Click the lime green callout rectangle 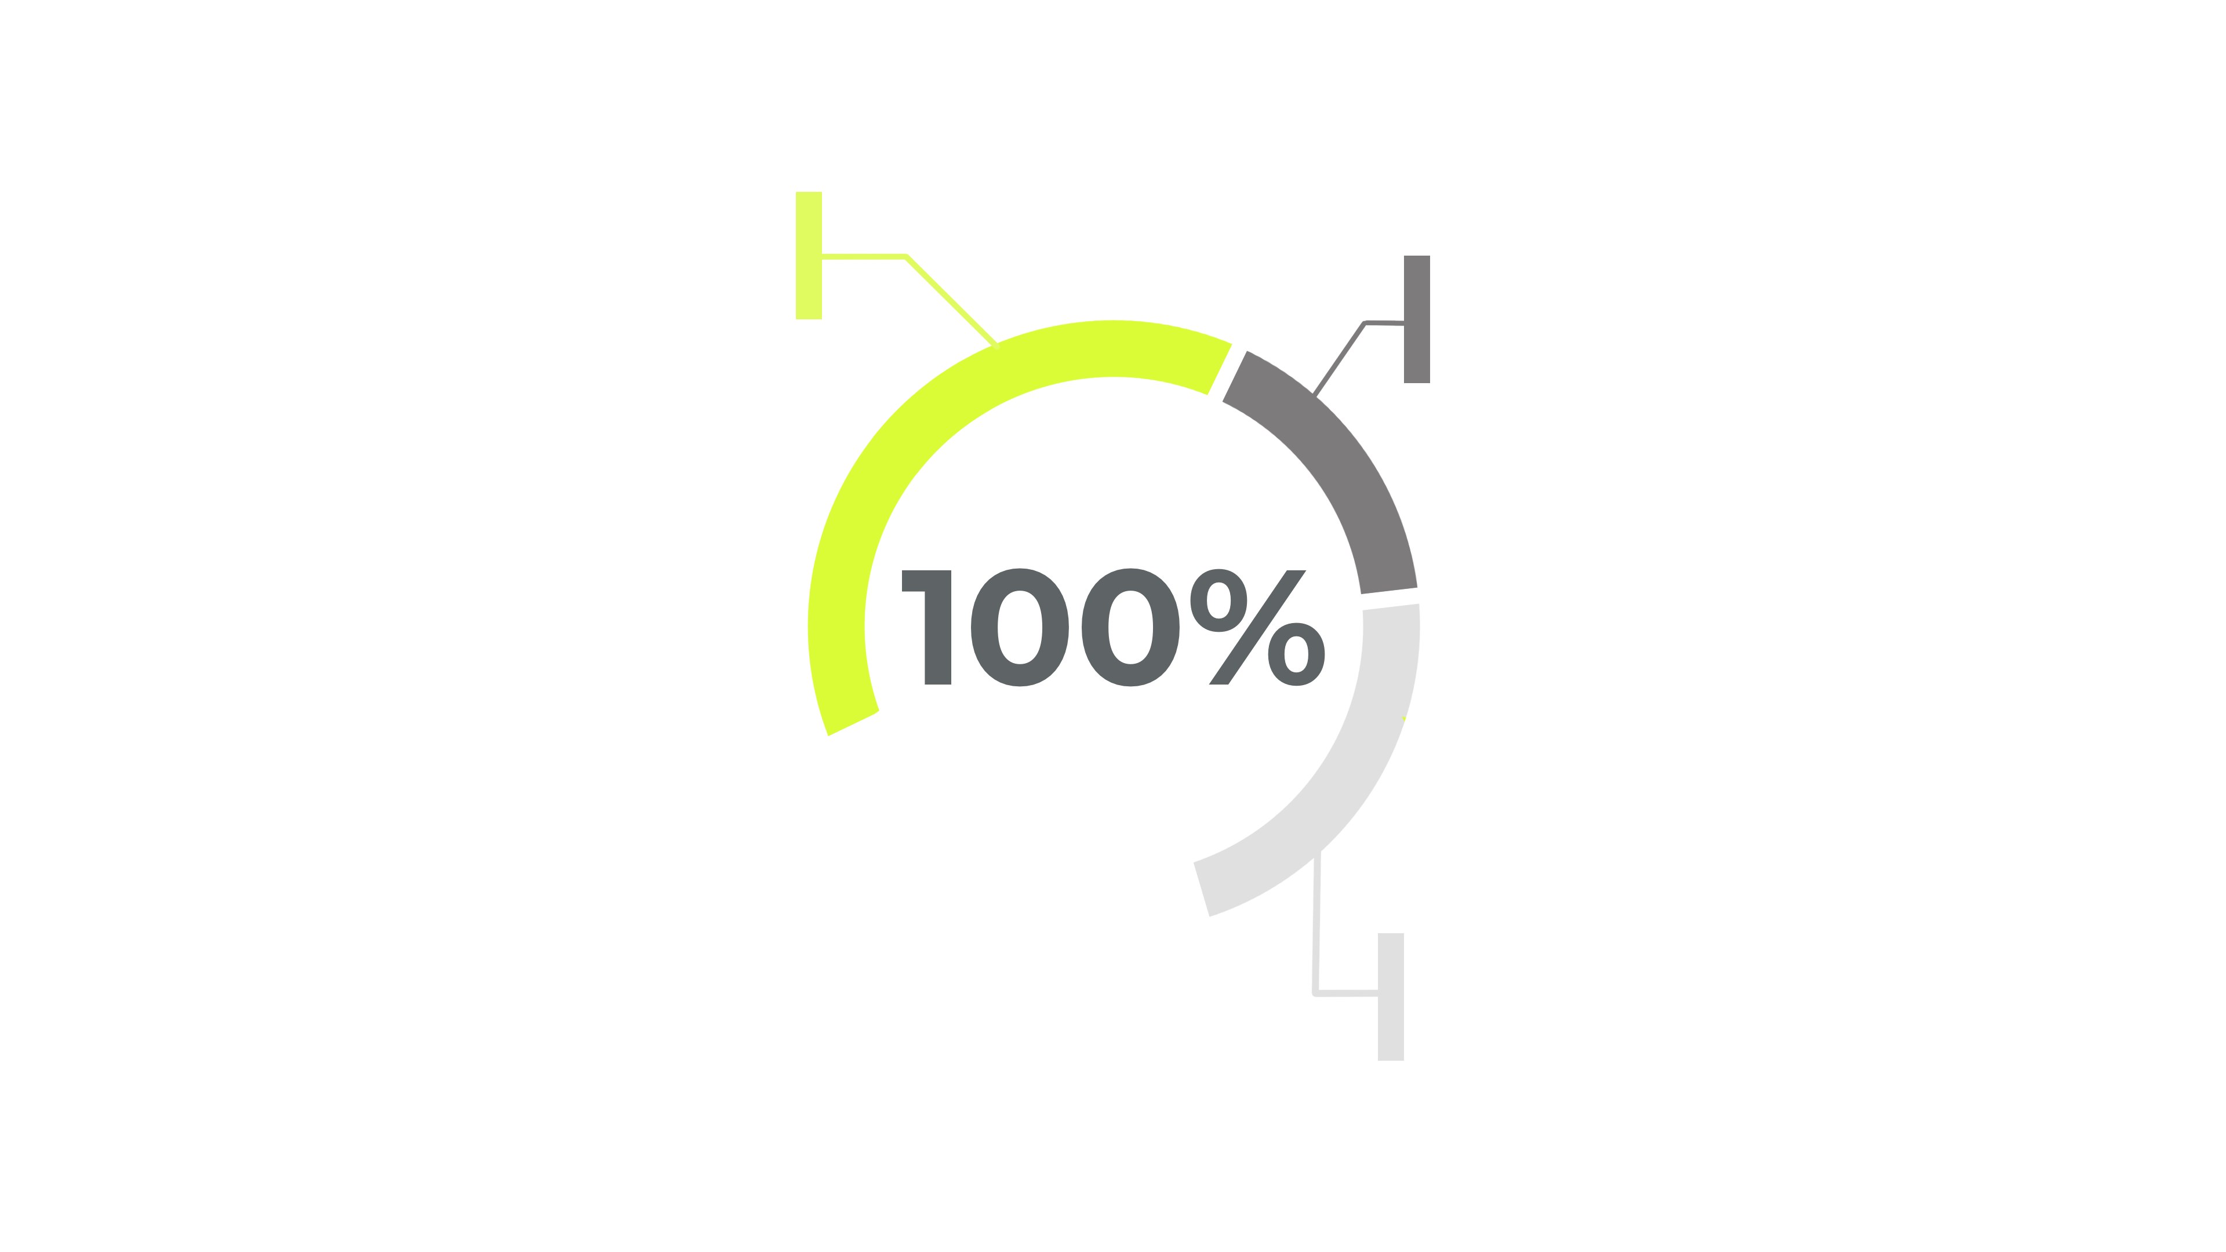tap(809, 256)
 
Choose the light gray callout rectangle tap(1391, 996)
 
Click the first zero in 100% tap(1020, 627)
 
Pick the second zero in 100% tap(1130, 627)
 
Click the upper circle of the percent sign tap(1219, 600)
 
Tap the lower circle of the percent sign tap(1296, 654)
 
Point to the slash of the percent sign tap(1257, 627)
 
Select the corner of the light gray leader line tap(1315, 993)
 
